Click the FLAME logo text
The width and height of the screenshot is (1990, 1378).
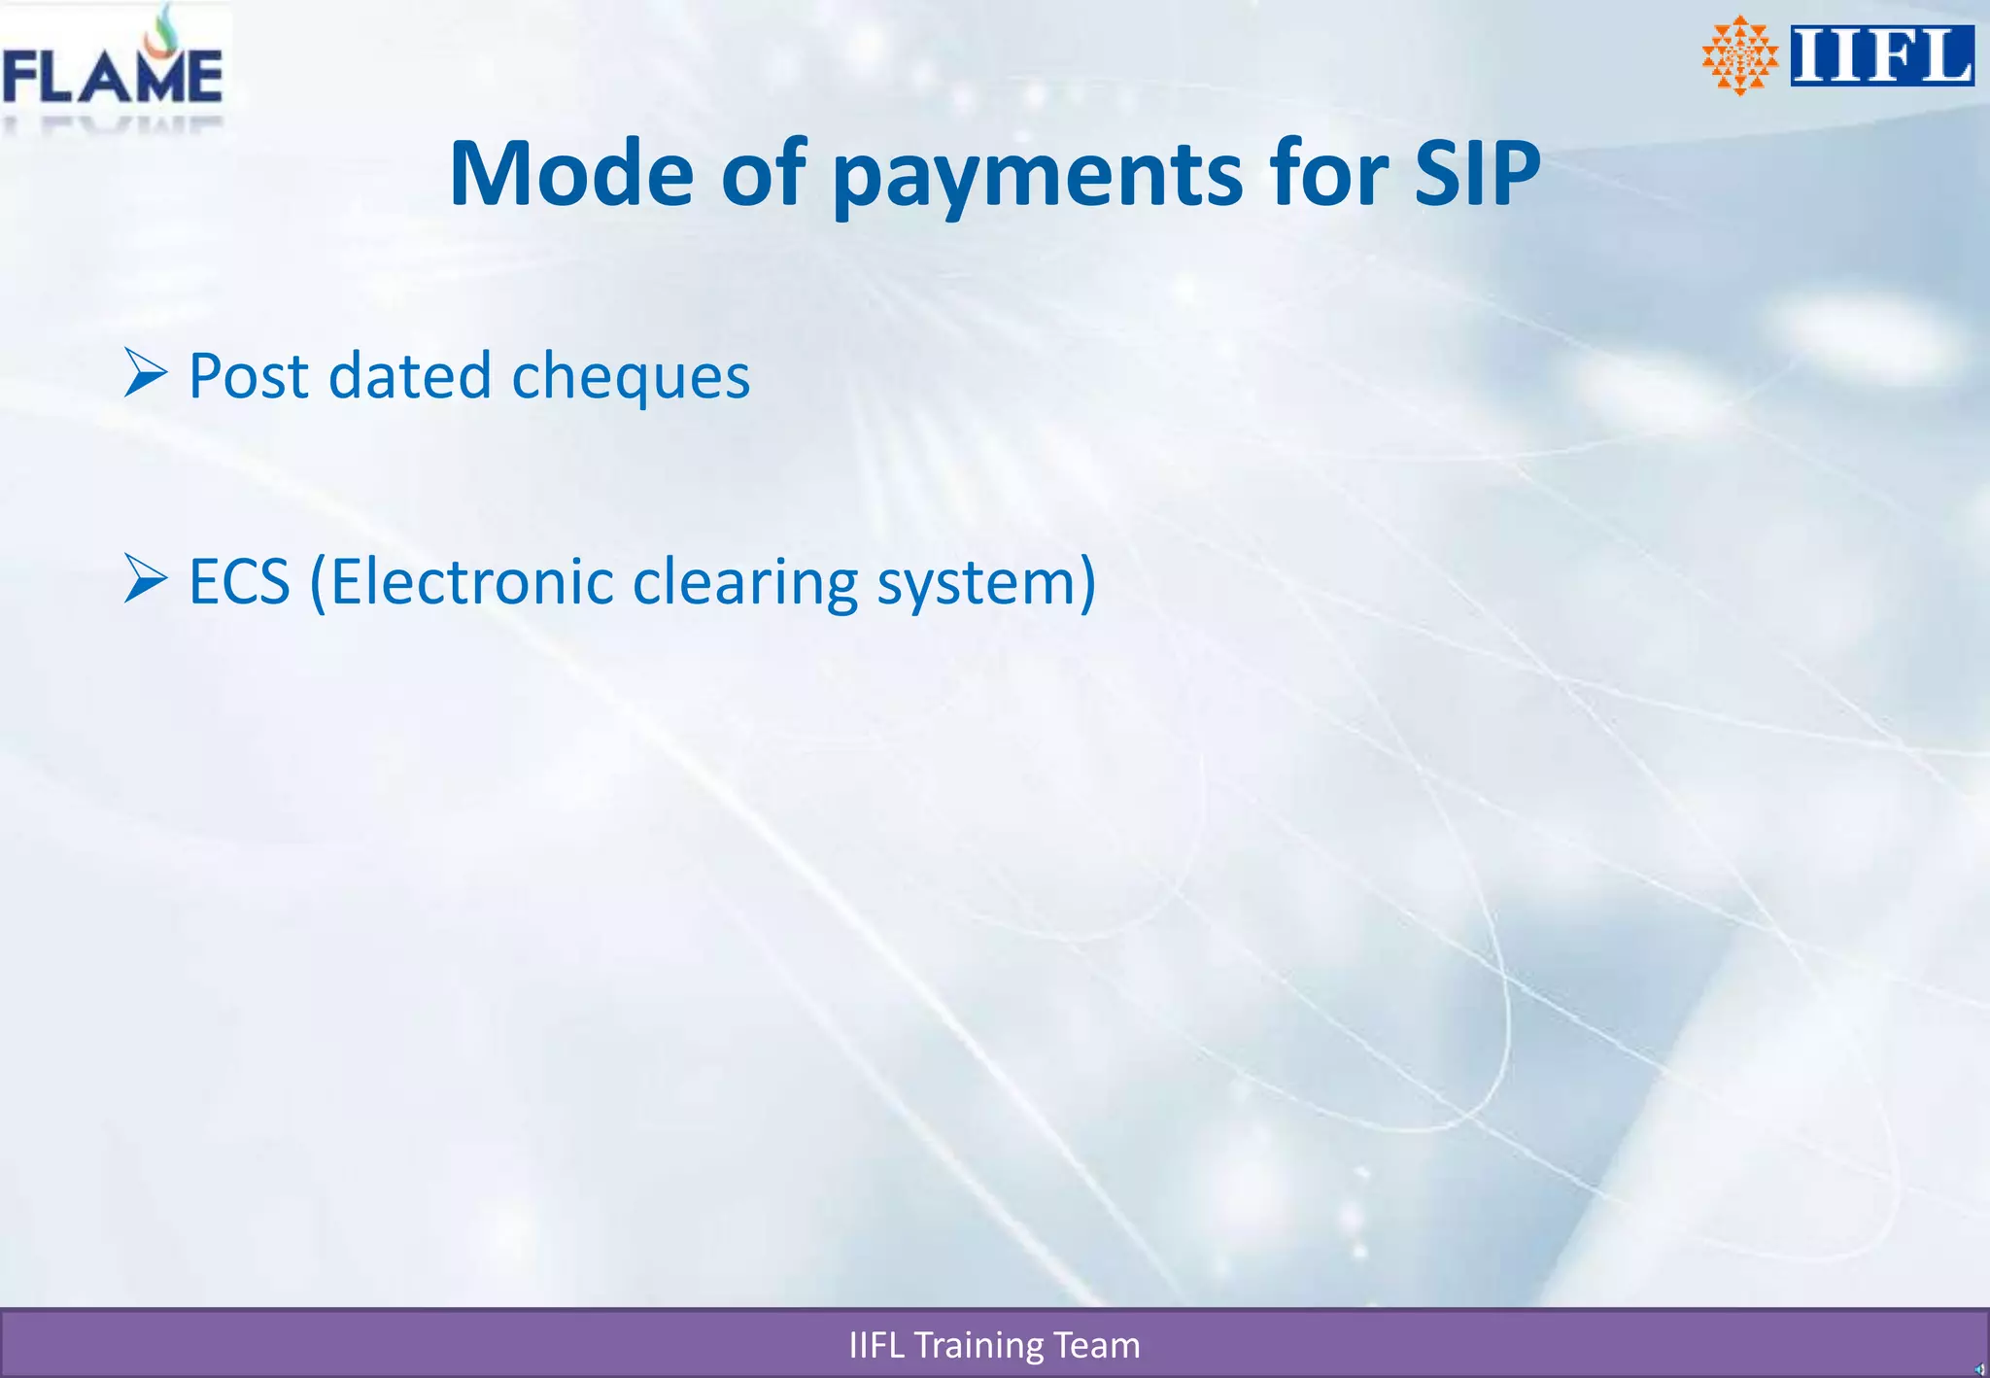pos(112,78)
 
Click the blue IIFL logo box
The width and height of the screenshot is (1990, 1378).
pos(1881,55)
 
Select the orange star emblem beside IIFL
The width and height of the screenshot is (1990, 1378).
pos(1739,55)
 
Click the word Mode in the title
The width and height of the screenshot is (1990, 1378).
pos(570,174)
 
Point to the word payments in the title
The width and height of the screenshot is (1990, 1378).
pos(1037,174)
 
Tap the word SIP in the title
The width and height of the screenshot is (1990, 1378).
pos(1477,174)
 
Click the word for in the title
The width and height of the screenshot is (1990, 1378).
pos(1328,174)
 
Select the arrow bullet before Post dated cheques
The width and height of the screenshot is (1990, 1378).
pos(146,373)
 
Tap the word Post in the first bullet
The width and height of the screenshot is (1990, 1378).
pos(248,376)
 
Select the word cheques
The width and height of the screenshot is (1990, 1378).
pos(631,378)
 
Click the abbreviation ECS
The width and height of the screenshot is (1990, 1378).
pos(239,582)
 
